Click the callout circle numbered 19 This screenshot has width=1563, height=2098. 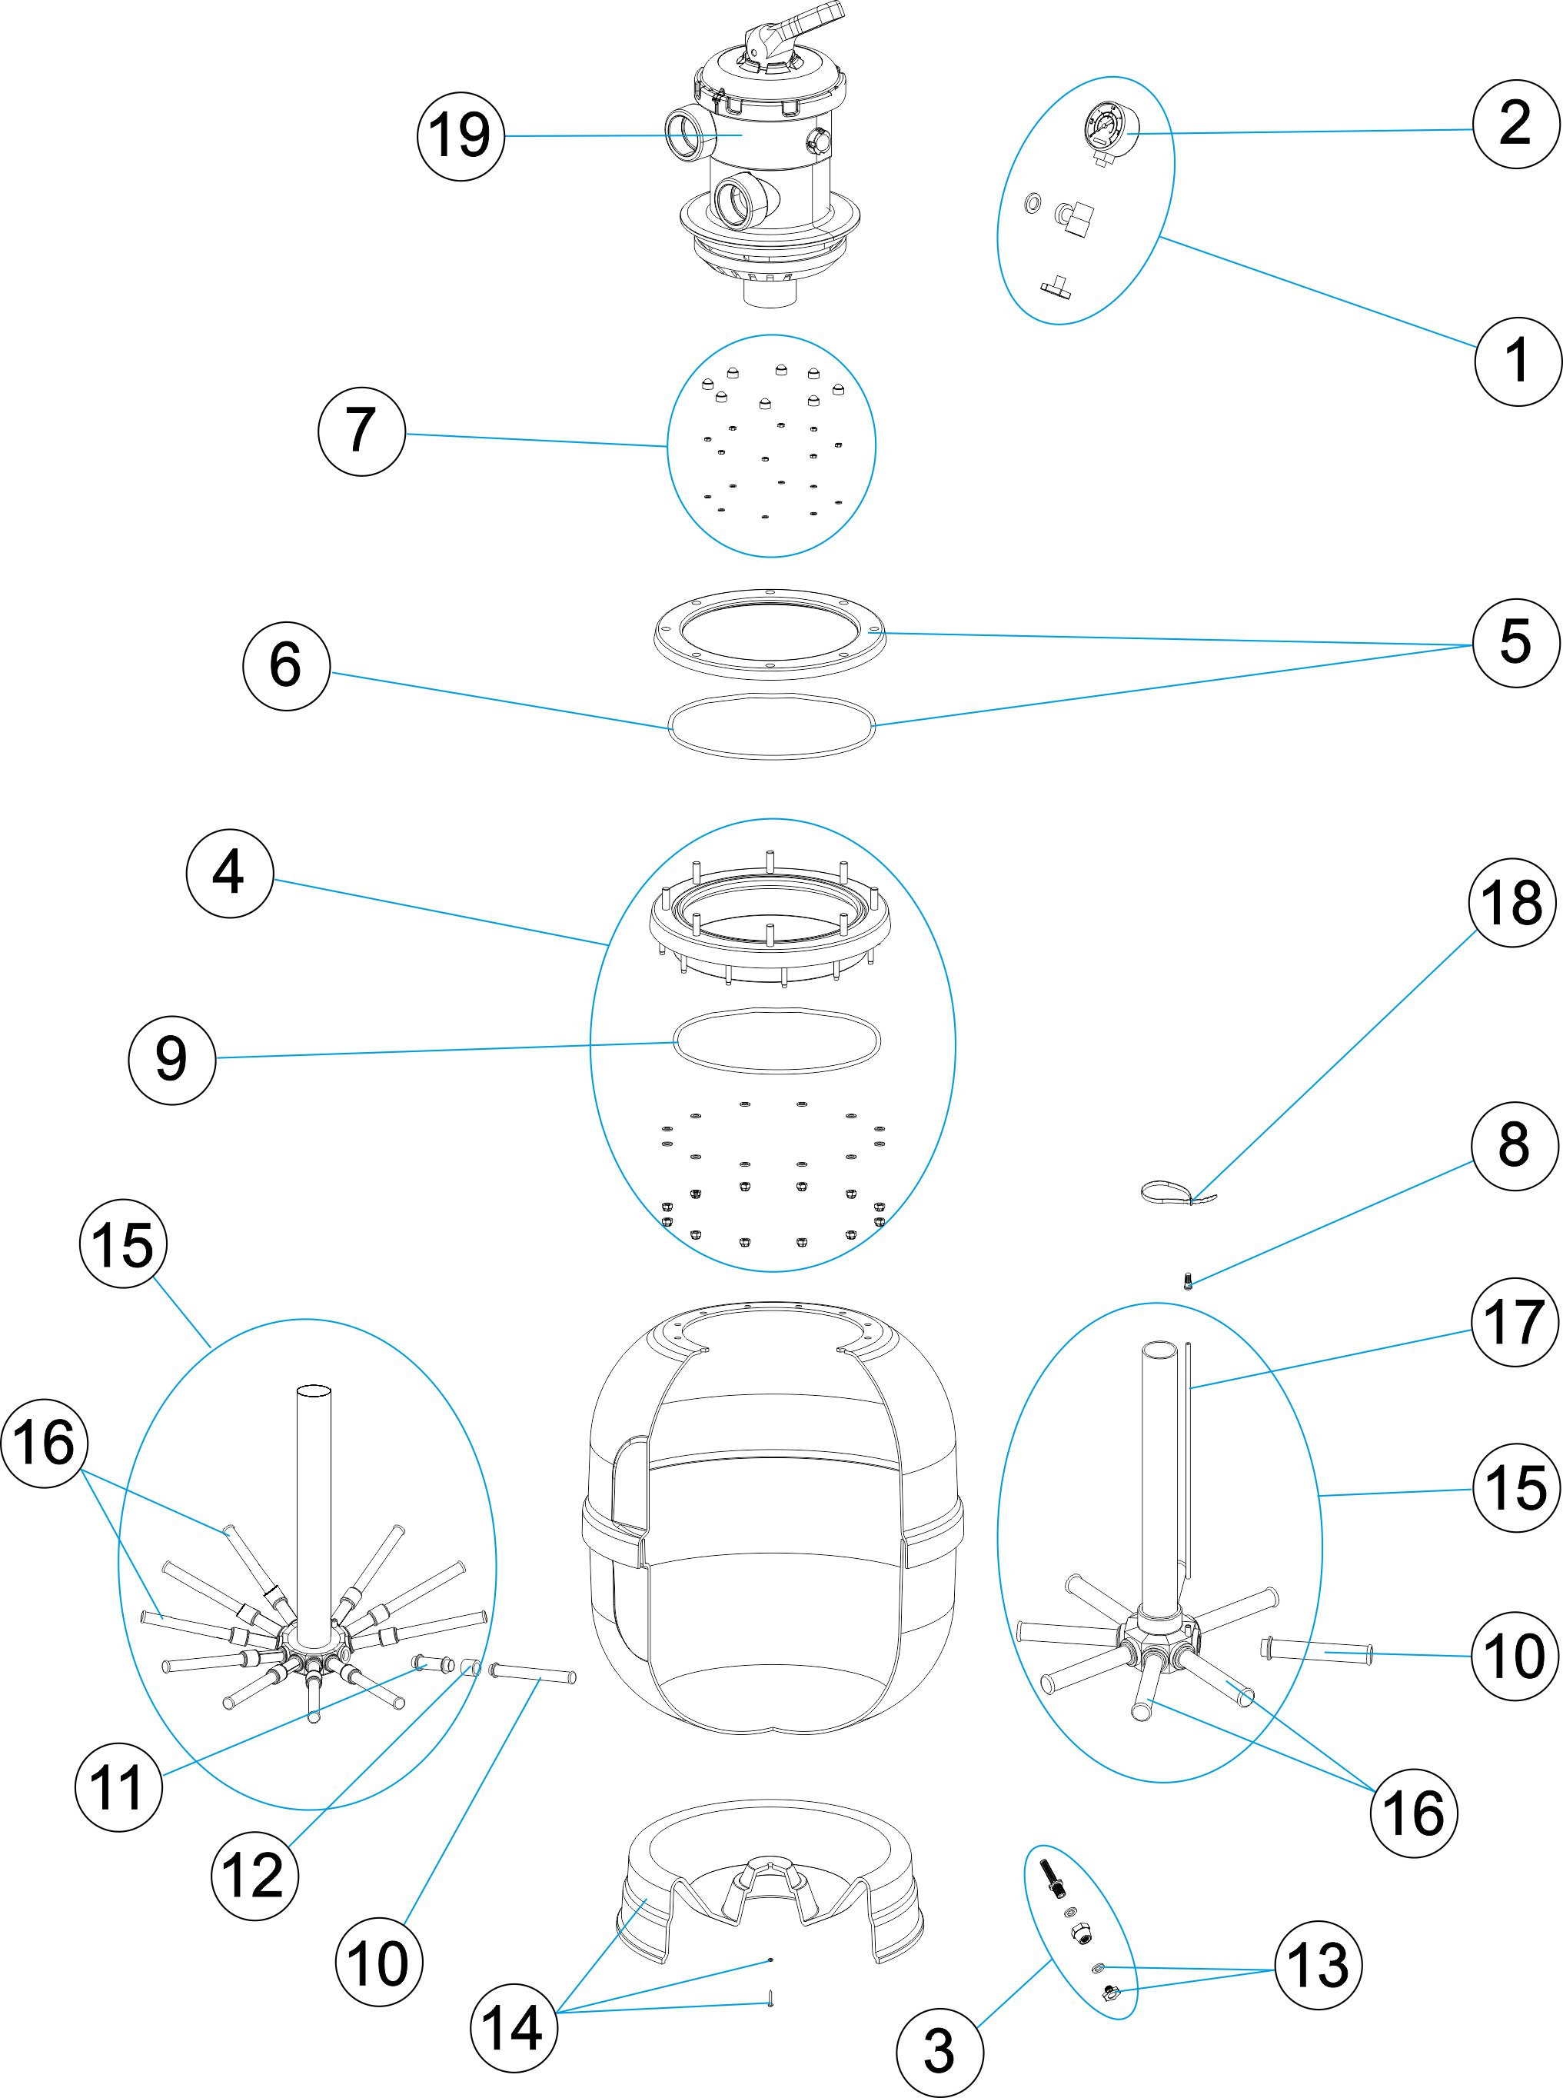(461, 136)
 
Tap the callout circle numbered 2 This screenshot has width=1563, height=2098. (1515, 125)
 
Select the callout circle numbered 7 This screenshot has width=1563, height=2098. (361, 431)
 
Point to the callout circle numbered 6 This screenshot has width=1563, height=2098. (287, 666)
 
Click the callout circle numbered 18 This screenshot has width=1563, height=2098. (1512, 903)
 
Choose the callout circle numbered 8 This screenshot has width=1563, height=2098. (1515, 1146)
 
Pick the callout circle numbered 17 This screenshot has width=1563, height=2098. (1515, 1322)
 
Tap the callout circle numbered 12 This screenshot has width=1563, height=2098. (254, 1876)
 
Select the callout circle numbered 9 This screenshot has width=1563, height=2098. (172, 1060)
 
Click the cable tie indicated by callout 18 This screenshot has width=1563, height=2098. (1176, 1194)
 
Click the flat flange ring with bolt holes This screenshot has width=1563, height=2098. (770, 631)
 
